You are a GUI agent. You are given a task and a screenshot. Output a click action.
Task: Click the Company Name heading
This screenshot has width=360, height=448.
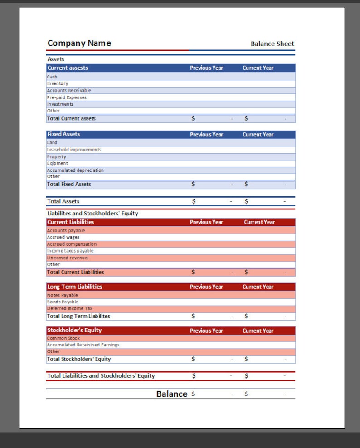click(x=79, y=43)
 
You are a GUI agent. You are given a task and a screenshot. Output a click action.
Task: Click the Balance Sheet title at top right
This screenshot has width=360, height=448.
click(x=272, y=44)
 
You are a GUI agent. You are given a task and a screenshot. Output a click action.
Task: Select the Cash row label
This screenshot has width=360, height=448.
click(x=52, y=77)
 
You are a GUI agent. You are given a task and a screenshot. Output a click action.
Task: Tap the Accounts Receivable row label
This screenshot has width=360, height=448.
click(x=69, y=90)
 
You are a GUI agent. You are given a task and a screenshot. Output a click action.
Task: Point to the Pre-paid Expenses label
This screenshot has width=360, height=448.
click(x=67, y=97)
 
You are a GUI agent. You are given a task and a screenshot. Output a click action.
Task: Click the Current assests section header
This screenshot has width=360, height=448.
click(x=68, y=68)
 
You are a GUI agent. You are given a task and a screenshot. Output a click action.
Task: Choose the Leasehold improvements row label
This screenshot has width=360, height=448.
click(x=74, y=150)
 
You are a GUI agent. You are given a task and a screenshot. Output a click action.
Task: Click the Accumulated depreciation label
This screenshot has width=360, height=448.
click(x=75, y=170)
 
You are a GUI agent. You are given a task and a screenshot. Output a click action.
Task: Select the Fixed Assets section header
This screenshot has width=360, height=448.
click(x=63, y=134)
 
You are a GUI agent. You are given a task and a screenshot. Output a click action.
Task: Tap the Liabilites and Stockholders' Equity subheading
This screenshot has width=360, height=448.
click(x=92, y=213)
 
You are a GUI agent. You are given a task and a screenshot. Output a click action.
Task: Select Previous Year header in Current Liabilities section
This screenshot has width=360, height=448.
click(x=206, y=222)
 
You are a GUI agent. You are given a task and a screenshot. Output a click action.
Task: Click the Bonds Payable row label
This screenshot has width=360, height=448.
click(x=63, y=302)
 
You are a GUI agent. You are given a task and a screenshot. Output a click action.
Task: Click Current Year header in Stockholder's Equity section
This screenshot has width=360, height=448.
click(x=258, y=331)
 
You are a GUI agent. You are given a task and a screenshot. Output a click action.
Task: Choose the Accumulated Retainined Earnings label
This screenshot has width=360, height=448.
click(x=83, y=345)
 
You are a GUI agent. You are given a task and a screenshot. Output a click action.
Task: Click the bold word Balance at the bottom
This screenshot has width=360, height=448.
click(x=171, y=394)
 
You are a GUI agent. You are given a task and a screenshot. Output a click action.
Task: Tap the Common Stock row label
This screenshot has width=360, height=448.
click(x=63, y=338)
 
